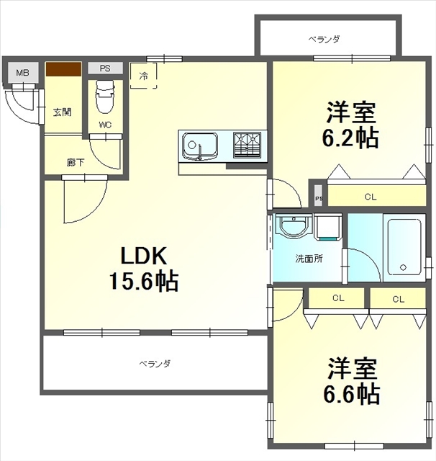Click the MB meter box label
pos(23,73)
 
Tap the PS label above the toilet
pos(105,69)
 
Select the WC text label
pos(105,124)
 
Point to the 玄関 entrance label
pos(63,112)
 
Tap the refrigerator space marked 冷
pos(144,75)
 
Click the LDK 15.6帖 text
pos(143,267)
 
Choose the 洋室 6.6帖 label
pos(352,381)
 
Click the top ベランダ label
pos(324,39)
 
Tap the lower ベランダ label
pos(155,364)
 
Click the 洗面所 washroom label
pos(307,258)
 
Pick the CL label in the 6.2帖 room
pos(371,196)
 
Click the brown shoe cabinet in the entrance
pos(63,69)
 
